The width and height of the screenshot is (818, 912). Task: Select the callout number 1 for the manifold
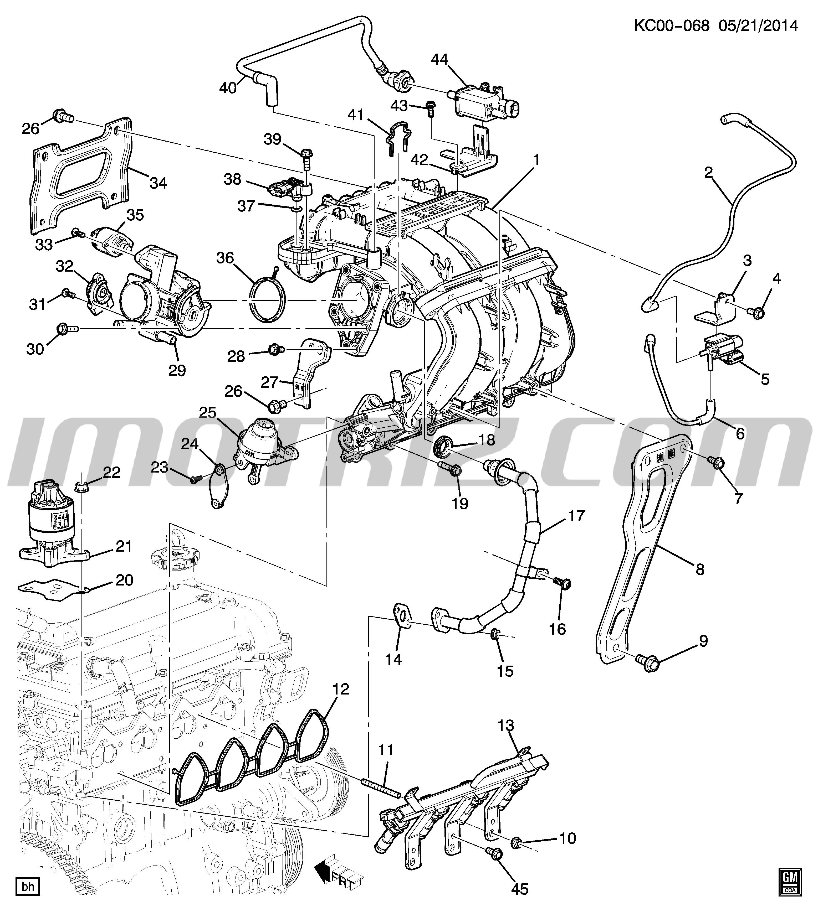[x=536, y=160]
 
